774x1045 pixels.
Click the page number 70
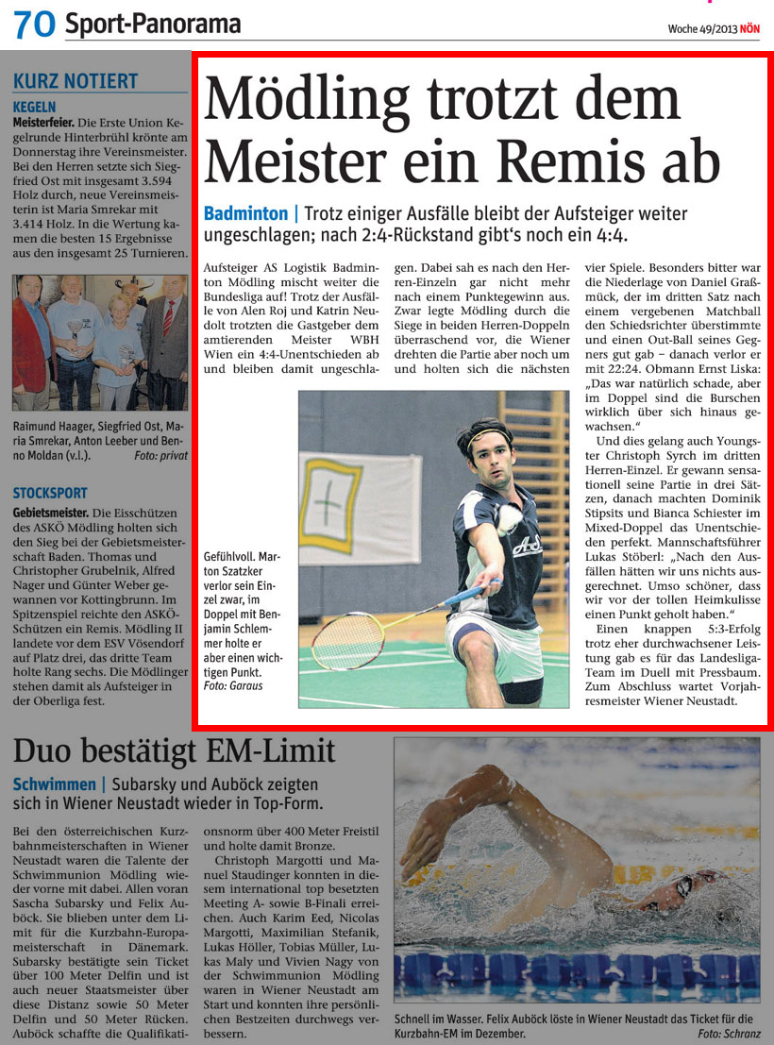click(x=34, y=25)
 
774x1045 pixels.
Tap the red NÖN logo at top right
click(x=749, y=28)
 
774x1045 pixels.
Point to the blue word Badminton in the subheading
click(x=245, y=214)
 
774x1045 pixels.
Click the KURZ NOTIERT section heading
click(x=76, y=82)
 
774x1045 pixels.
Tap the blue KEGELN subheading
click(x=35, y=108)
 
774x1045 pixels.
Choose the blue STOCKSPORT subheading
click(x=50, y=493)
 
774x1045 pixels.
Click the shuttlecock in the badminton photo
click(x=511, y=516)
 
